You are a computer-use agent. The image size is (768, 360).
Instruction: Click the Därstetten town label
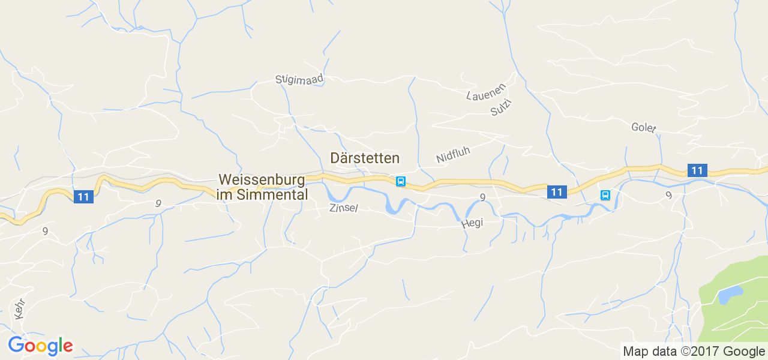tap(365, 158)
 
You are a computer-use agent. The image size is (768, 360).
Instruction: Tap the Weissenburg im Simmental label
tap(263, 187)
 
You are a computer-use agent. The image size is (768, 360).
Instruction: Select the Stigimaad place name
tap(299, 79)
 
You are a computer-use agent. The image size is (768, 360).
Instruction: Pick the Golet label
tap(644, 128)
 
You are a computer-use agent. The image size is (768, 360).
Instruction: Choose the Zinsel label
tap(343, 208)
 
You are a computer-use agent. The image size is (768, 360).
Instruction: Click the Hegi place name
tap(472, 223)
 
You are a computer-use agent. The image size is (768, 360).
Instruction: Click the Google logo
tap(40, 346)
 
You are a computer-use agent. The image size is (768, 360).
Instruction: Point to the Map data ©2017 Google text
tap(694, 352)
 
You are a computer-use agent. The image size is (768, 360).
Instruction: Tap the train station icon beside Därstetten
tap(400, 181)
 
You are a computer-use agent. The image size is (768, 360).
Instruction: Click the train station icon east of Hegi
tap(605, 195)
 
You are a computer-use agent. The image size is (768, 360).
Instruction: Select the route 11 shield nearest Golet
tap(697, 170)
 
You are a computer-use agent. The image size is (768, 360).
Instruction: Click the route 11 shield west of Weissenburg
tap(83, 197)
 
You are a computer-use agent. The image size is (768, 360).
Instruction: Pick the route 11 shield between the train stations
tap(557, 192)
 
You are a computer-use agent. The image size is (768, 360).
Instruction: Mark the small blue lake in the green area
tap(730, 295)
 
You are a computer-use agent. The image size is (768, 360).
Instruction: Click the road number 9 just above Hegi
tap(482, 197)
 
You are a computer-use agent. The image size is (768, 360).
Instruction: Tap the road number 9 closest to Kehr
tap(45, 230)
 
